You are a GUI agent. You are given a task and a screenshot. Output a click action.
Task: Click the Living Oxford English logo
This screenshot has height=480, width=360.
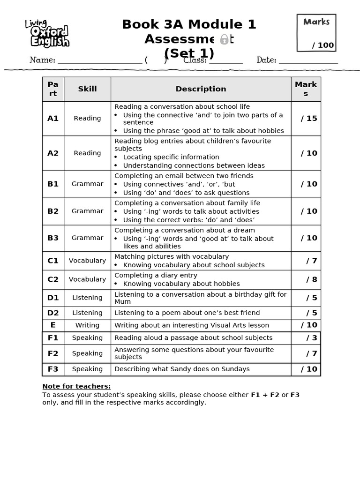(47, 34)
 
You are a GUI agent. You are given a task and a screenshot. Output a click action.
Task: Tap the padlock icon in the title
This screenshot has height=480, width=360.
(225, 39)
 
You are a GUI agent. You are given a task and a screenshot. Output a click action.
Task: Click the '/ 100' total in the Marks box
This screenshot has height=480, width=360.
(323, 45)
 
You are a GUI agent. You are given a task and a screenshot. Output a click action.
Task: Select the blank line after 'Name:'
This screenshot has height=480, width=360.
(99, 60)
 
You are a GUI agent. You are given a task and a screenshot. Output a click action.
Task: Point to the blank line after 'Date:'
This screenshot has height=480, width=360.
(308, 60)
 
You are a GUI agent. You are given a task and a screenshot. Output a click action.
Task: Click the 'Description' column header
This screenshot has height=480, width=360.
(201, 89)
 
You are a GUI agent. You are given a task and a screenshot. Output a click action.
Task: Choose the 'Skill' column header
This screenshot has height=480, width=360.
(87, 89)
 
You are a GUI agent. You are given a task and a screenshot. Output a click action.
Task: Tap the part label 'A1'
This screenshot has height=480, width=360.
(53, 119)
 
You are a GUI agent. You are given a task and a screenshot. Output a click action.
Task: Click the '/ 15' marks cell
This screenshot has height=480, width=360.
(309, 119)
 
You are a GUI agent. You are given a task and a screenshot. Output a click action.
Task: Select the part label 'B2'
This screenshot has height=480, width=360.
(53, 211)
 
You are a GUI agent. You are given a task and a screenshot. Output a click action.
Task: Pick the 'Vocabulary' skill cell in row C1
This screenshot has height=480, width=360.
(87, 261)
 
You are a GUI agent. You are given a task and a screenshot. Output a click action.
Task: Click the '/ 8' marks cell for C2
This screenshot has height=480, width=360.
(312, 279)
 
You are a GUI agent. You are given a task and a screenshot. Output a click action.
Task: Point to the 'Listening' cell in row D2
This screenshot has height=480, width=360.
(87, 313)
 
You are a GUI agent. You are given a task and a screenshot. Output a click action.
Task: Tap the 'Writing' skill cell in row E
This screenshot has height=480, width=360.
(87, 325)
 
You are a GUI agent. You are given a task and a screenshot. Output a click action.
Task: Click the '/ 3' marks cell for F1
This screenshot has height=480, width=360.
(312, 338)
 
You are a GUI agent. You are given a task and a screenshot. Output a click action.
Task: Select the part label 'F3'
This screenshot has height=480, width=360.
(53, 369)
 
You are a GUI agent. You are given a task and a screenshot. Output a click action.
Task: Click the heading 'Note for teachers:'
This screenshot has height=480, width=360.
(76, 386)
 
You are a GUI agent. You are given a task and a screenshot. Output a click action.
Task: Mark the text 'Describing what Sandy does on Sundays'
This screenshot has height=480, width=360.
(182, 369)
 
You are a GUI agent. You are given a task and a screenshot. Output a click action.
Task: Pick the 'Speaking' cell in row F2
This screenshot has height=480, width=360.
(87, 353)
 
